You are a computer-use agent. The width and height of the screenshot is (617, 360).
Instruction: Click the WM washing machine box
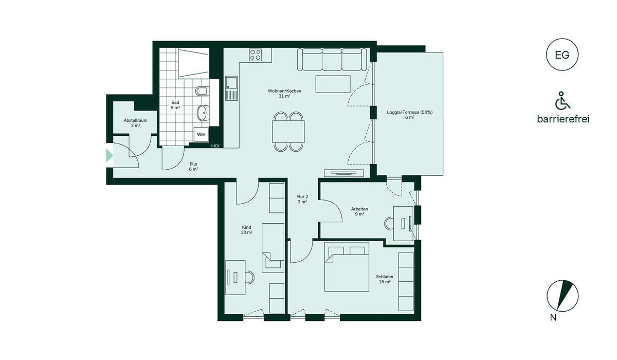coord(201,134)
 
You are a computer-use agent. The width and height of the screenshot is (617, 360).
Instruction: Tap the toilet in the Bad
coord(202,91)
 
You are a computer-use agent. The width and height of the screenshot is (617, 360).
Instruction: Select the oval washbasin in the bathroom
coord(203,113)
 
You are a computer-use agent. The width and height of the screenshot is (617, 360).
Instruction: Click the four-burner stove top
coord(256,55)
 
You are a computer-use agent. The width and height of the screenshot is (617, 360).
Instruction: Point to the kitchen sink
coord(231,88)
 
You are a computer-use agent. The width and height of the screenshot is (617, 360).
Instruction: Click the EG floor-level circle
coord(562,55)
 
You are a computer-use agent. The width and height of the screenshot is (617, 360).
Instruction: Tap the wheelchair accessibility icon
coord(562,100)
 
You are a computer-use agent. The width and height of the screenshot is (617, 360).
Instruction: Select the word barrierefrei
coord(564,119)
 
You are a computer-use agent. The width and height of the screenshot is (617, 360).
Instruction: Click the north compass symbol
coord(562,296)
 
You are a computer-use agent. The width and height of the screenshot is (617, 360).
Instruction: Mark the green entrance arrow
coord(110,156)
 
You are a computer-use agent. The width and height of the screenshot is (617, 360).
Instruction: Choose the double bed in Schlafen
coord(347,266)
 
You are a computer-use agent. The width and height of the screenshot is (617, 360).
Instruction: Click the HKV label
coord(215,146)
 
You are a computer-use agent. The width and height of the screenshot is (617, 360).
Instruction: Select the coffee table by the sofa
coord(333,84)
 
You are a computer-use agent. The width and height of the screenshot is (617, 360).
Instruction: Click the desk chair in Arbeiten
coord(389,223)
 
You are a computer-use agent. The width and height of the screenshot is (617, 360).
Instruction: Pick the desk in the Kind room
coord(235,277)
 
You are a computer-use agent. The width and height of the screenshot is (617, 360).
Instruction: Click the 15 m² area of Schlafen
coord(385,282)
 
